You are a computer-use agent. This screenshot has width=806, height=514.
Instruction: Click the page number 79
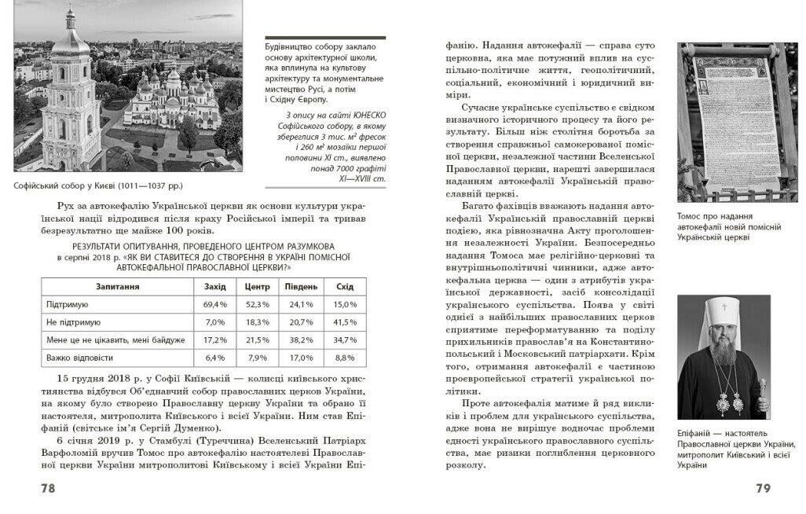762,489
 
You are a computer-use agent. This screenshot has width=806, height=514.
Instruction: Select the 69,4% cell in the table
214,303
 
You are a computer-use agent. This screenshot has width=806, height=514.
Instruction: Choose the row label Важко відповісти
77,358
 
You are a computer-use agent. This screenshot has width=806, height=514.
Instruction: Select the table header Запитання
118,286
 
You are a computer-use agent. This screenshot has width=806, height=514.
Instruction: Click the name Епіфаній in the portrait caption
695,433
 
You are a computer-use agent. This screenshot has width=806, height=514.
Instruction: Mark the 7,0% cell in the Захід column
215,321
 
